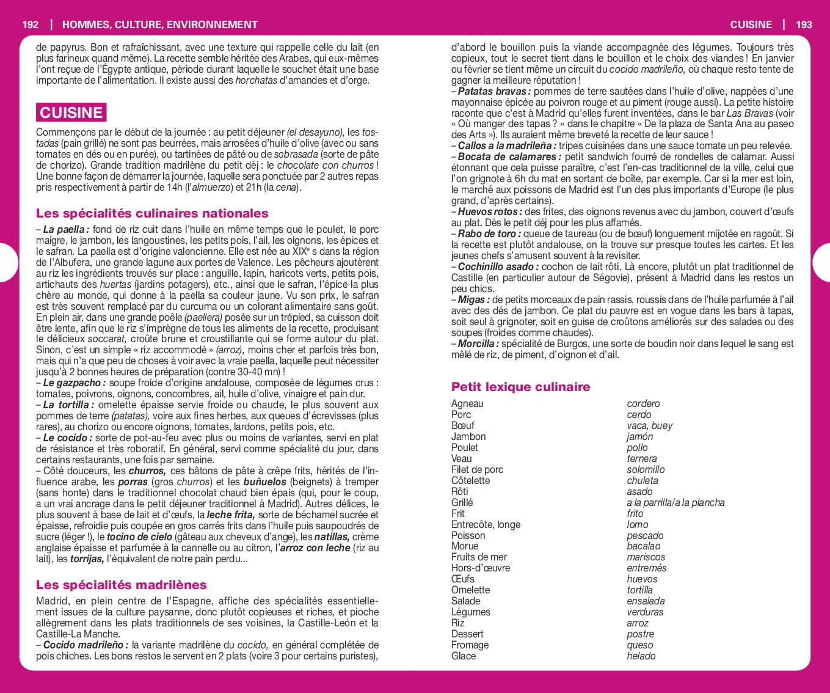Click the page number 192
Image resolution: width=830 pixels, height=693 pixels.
click(x=30, y=24)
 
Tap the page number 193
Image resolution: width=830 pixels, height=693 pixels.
click(x=804, y=24)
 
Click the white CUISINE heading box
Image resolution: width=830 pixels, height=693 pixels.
click(x=71, y=112)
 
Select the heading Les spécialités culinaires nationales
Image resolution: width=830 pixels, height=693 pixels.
click(x=152, y=213)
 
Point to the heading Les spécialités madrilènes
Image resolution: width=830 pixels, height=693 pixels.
click(x=121, y=585)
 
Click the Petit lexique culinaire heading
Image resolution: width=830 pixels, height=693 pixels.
click(x=520, y=387)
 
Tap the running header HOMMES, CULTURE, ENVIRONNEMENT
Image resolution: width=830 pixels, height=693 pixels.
click(x=160, y=24)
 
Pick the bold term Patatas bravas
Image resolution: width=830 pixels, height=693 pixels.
click(x=494, y=92)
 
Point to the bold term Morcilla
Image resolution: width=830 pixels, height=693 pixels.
click(x=476, y=344)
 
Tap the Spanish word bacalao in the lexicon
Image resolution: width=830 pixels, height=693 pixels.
click(x=643, y=546)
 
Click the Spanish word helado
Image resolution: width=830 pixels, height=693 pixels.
click(x=641, y=656)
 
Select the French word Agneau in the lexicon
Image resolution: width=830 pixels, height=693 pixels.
click(x=467, y=404)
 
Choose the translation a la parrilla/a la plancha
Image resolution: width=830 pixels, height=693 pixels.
click(x=675, y=503)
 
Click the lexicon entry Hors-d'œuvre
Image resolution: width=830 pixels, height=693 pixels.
click(x=480, y=568)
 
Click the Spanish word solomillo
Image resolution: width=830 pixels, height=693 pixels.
click(x=646, y=470)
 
